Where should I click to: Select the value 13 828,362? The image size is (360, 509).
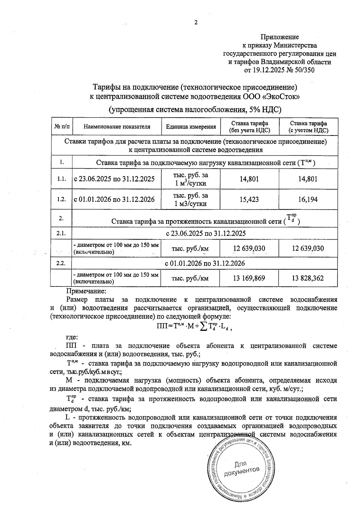point(308,278)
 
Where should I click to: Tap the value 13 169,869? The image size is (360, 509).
point(249,278)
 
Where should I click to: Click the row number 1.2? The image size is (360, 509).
point(61,199)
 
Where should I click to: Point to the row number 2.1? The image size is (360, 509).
point(61,233)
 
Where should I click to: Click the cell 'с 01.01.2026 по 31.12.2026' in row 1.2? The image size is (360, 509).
point(114,199)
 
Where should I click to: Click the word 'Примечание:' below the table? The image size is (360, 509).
point(86,291)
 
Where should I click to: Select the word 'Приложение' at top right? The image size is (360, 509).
point(279,37)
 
